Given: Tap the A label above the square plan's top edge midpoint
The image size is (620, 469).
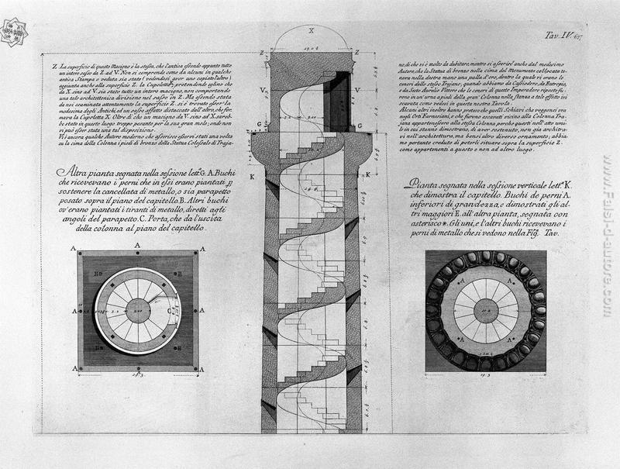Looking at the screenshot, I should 137,246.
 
